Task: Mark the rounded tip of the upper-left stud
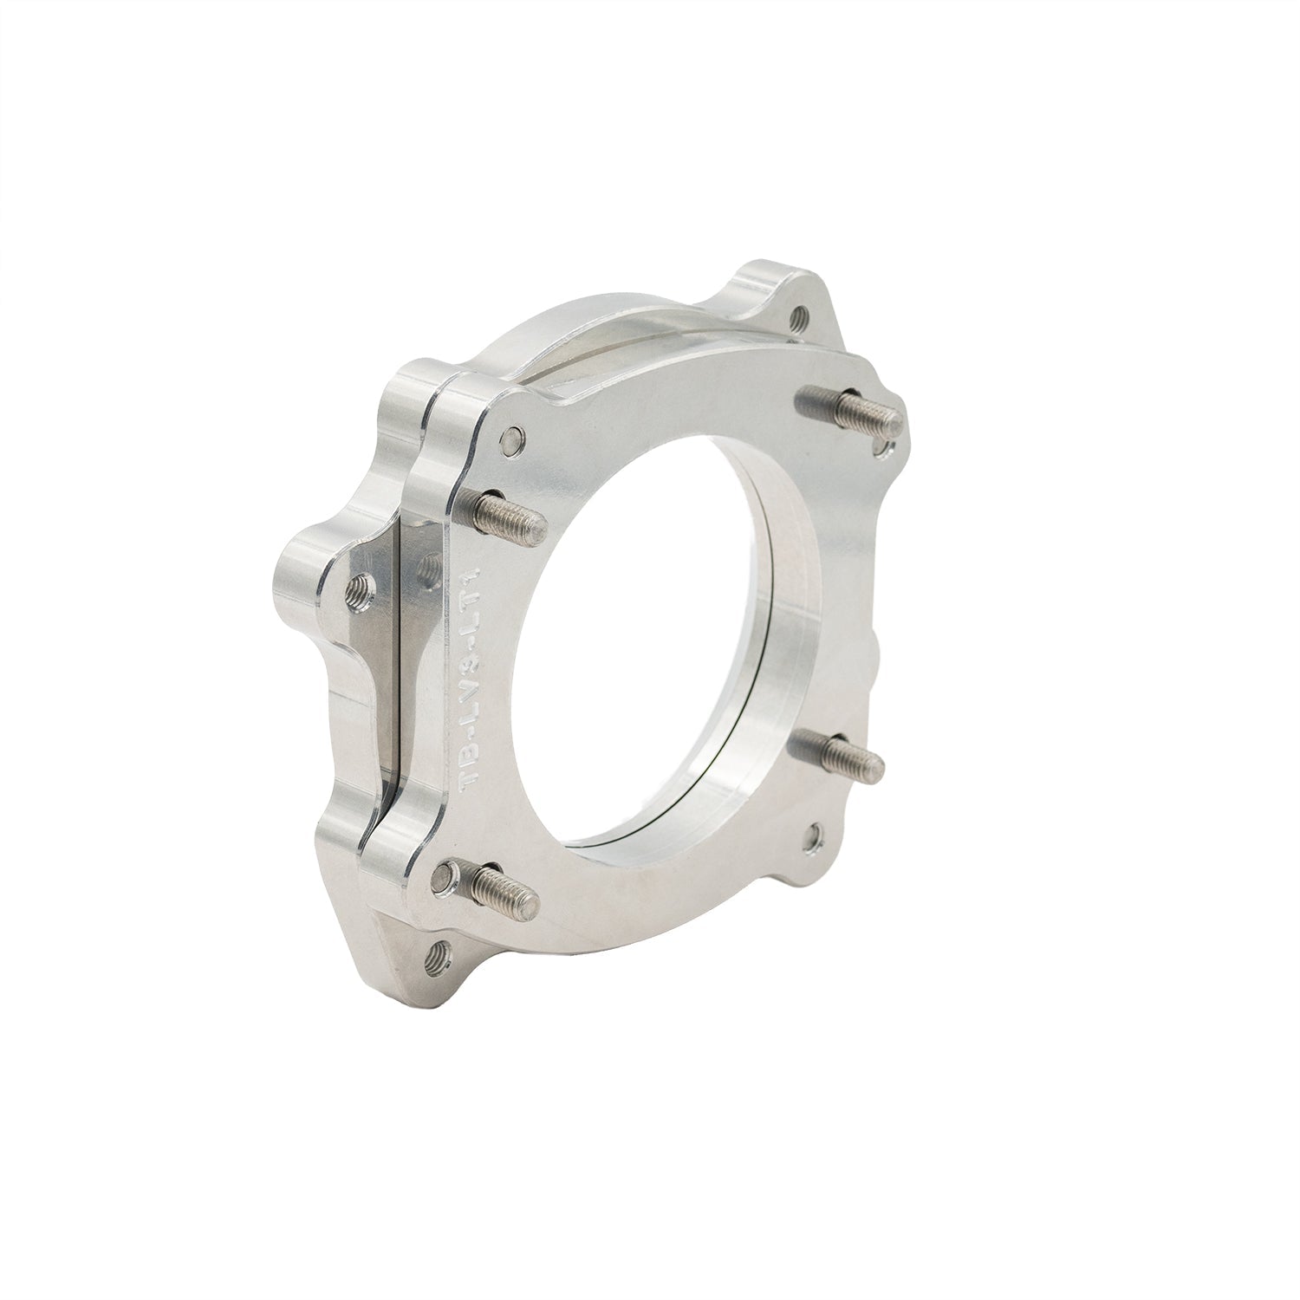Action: pos(539,523)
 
